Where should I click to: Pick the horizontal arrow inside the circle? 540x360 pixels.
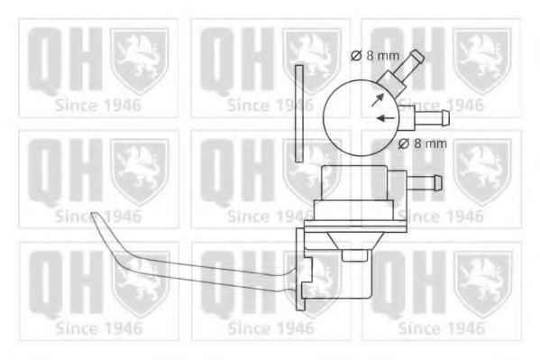point(386,117)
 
